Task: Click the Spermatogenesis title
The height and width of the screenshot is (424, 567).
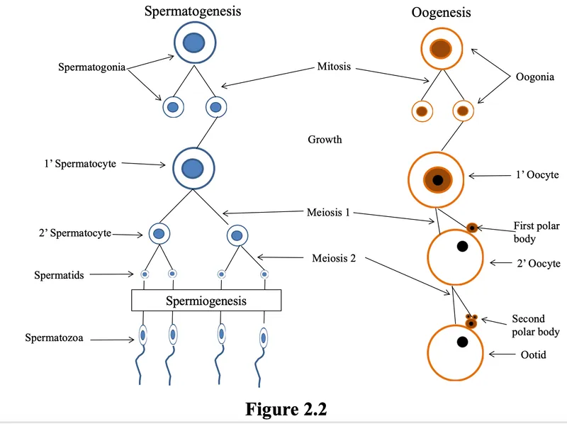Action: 192,11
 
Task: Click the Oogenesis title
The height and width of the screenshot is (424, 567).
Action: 441,13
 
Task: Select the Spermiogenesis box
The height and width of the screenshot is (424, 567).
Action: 206,301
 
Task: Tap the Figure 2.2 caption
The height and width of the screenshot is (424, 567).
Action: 286,409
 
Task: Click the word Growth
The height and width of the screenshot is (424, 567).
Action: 325,140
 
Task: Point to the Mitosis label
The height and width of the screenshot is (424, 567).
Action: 334,68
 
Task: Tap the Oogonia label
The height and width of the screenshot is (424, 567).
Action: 534,77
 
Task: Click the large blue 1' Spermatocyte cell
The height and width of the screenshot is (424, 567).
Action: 191,169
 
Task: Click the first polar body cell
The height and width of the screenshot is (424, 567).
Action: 472,228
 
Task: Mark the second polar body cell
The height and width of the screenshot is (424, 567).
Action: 470,322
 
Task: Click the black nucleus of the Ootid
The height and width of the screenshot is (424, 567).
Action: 462,342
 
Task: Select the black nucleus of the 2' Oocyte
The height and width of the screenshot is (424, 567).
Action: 462,247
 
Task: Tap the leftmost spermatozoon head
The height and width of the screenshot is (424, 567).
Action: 142,335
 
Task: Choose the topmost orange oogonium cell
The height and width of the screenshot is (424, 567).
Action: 442,48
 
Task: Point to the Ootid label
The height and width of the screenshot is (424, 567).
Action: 532,355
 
